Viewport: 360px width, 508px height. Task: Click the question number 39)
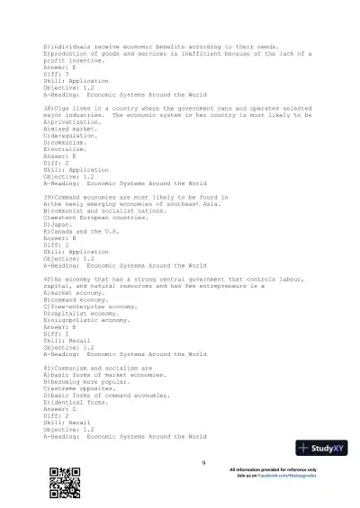(x=49, y=195)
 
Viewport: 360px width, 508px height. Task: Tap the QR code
(x=60, y=481)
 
